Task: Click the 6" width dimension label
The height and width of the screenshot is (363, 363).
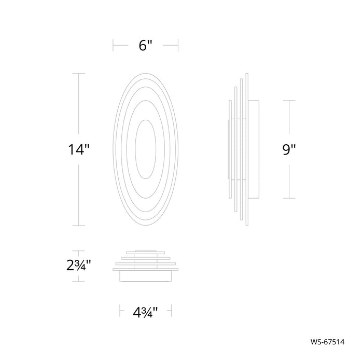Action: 145,46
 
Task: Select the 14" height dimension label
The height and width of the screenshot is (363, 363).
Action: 79,149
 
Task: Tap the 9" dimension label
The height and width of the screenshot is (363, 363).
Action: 289,149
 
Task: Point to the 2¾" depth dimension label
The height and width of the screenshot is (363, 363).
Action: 79,266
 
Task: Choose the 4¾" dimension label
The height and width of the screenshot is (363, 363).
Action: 145,312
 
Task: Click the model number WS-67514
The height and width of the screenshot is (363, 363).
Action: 327,342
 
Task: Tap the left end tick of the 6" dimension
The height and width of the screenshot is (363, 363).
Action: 113,45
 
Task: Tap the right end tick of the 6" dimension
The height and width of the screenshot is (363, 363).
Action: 178,45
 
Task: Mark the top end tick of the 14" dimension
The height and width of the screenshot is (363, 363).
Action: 79,74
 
